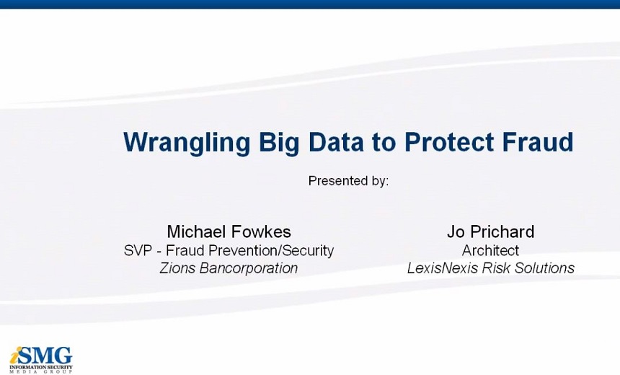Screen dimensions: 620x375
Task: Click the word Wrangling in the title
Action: tap(187, 143)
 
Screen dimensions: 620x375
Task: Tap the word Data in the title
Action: tap(336, 141)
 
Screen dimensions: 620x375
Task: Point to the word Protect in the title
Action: tap(449, 141)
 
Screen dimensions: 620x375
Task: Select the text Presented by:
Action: tap(348, 181)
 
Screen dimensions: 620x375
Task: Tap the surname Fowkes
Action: tap(260, 231)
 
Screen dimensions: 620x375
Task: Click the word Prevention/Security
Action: tap(271, 250)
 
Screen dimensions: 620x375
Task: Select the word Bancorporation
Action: tap(248, 268)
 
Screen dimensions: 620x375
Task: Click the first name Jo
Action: tap(456, 231)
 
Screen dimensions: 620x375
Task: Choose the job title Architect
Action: tap(490, 250)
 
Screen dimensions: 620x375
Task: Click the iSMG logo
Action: tap(41, 359)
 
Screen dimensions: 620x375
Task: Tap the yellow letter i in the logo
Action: tap(14, 356)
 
